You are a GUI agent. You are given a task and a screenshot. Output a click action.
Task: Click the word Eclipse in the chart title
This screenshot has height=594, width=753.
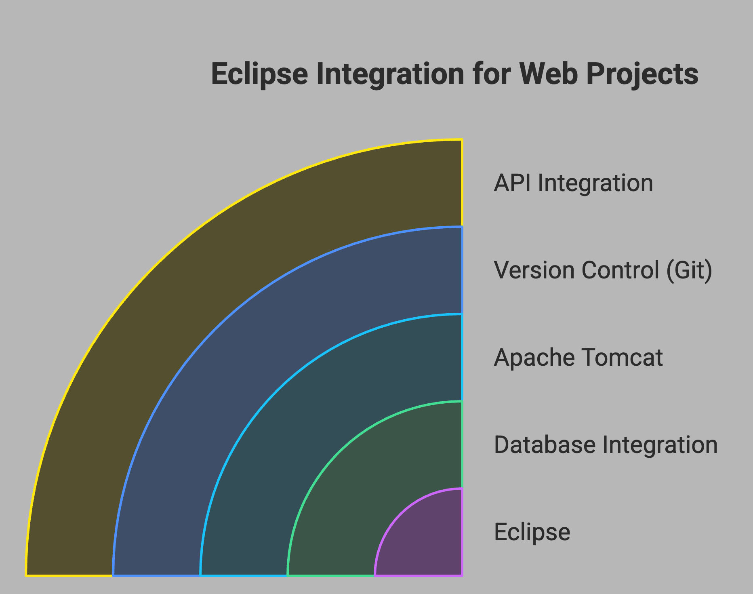pyautogui.click(x=259, y=74)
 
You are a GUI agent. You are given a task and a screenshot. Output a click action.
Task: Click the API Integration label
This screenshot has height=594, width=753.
pyautogui.click(x=573, y=183)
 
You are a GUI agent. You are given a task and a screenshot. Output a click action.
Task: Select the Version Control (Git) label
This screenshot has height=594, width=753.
pyautogui.click(x=603, y=270)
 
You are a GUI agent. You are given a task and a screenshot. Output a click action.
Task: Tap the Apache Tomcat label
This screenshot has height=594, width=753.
pyautogui.click(x=578, y=358)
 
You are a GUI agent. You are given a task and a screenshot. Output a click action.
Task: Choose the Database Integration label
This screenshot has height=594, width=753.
pyautogui.click(x=606, y=445)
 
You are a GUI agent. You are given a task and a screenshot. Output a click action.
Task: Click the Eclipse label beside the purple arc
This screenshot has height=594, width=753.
pyautogui.click(x=532, y=532)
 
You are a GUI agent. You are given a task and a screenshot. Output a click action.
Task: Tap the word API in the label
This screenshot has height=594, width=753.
pyautogui.click(x=512, y=183)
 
